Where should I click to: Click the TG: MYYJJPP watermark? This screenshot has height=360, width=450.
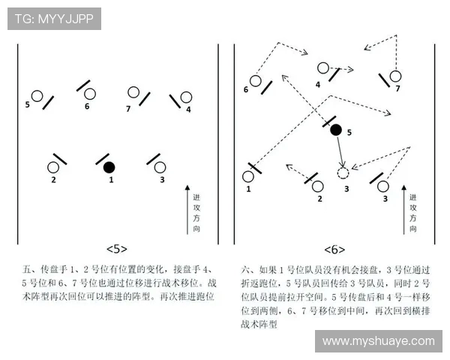tap(54, 19)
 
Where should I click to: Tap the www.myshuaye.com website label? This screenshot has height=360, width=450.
tap(378, 340)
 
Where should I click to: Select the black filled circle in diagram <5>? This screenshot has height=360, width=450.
tap(109, 166)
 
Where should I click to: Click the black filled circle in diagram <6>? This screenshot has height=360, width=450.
tap(336, 130)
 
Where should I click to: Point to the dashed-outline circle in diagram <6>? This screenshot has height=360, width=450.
tap(343, 173)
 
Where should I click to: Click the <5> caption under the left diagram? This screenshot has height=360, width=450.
tap(117, 248)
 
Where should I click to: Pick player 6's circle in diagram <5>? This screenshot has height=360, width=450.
tap(90, 94)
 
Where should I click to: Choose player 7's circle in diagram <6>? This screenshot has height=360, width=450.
tap(395, 76)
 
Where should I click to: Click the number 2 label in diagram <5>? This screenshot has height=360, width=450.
tap(53, 180)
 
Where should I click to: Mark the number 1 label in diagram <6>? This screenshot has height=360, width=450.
tap(248, 190)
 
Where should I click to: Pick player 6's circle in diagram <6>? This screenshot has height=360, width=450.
tap(255, 80)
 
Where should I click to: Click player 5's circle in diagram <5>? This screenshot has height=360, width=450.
tap(36, 96)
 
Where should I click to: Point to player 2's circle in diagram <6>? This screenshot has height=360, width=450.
tap(318, 185)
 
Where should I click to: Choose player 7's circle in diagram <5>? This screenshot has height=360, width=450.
tap(133, 93)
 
